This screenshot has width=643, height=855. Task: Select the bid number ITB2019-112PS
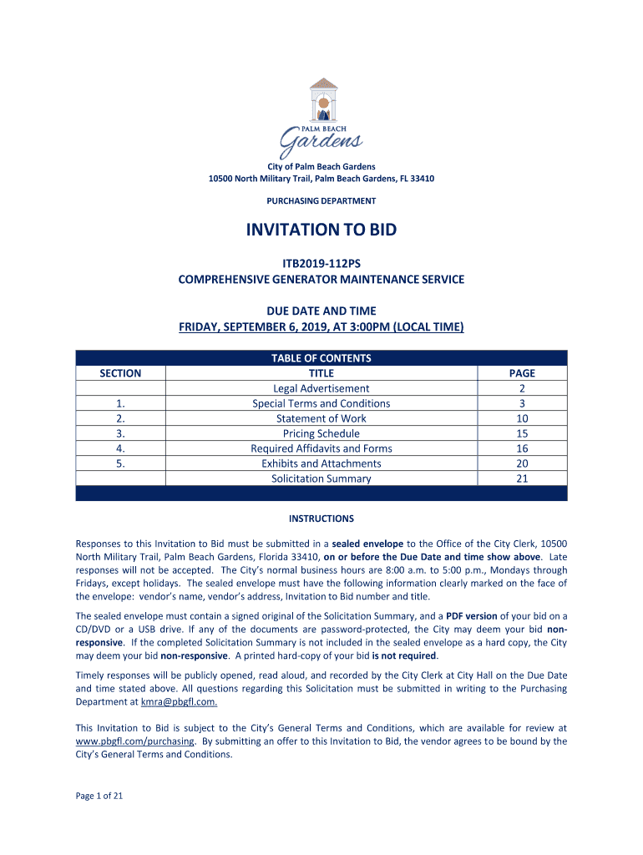coord(321,263)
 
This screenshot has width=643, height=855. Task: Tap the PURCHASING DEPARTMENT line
coord(321,200)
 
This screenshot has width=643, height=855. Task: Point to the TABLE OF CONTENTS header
coord(321,358)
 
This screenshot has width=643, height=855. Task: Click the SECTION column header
coord(120,373)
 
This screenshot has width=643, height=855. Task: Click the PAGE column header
coord(522,373)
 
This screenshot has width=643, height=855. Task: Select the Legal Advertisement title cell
coord(321,388)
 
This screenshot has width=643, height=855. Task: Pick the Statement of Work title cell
coord(321,418)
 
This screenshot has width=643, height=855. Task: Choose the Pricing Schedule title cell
coord(321,433)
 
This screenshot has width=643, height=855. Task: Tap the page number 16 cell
coord(522,448)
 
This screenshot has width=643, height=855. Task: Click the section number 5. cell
coord(120,463)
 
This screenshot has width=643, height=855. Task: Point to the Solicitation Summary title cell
coord(321,478)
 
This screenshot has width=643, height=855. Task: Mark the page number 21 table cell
coord(522,478)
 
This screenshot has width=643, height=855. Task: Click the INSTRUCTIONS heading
coord(321,519)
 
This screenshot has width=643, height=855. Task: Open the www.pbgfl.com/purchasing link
coord(135,741)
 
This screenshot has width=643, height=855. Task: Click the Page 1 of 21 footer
coord(99,796)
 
